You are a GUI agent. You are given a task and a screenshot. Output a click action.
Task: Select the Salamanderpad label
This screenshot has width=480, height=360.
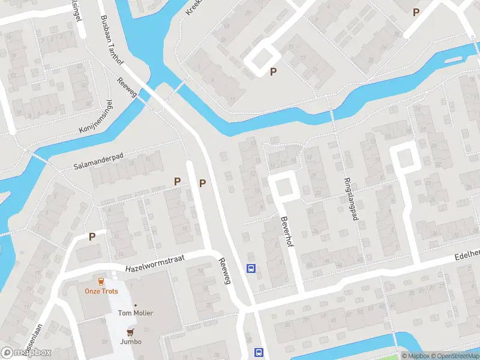point(98,160)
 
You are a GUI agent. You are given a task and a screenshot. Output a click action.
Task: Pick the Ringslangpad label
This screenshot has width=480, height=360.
point(350,199)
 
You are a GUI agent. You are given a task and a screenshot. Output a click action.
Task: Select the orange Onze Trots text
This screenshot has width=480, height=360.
point(101,292)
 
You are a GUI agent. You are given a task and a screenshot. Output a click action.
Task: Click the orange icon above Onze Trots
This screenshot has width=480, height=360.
point(101,281)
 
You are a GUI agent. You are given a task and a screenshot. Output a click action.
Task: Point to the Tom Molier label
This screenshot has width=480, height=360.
point(135,313)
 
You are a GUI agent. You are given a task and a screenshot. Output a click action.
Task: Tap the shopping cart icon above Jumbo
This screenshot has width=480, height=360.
point(130,332)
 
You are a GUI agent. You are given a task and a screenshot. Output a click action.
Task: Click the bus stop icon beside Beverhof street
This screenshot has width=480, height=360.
point(251,268)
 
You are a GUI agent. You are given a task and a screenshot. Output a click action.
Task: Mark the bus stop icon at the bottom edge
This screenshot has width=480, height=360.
point(259,352)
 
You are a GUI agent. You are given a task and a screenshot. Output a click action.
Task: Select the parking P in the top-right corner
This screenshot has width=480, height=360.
point(416,11)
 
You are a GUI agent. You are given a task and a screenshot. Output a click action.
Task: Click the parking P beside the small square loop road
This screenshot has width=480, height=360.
point(274,71)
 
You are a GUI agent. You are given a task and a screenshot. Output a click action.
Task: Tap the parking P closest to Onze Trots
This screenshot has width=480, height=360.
point(92,236)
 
